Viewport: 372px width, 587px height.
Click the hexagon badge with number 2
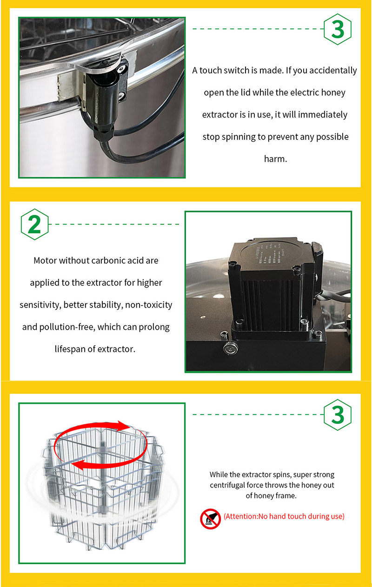point(34,224)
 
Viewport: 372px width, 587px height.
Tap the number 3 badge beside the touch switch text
point(337,29)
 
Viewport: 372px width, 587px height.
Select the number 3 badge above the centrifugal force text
point(337,414)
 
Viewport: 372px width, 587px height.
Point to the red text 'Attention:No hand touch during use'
point(284,516)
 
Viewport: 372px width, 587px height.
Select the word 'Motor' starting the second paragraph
point(45,260)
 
